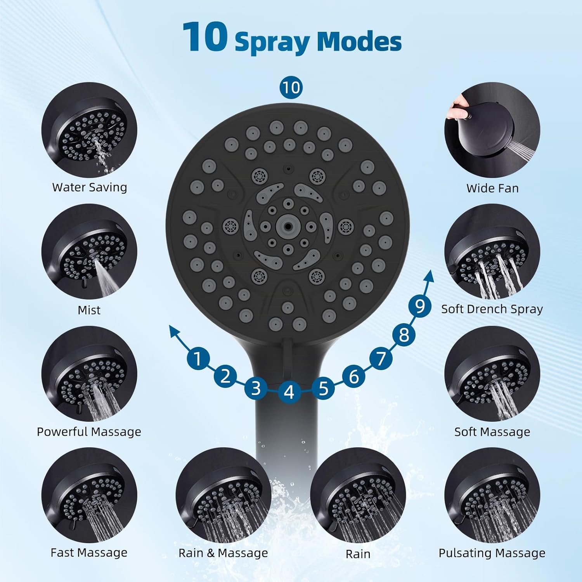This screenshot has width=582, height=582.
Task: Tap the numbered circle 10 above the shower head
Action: pyautogui.click(x=291, y=88)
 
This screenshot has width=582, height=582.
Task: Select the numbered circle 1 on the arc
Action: pyautogui.click(x=198, y=359)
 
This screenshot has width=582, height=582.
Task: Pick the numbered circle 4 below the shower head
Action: pyautogui.click(x=289, y=392)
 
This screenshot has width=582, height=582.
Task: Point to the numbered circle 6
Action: pyautogui.click(x=353, y=376)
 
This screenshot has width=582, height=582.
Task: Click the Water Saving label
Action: pyautogui.click(x=90, y=187)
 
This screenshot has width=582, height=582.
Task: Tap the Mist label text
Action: pyautogui.click(x=89, y=310)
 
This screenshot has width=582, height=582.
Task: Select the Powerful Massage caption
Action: pyautogui.click(x=89, y=432)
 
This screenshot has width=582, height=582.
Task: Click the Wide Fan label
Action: pyautogui.click(x=492, y=188)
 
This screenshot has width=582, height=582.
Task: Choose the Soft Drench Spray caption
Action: pyautogui.click(x=492, y=309)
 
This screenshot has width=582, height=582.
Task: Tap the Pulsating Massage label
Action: pyautogui.click(x=492, y=553)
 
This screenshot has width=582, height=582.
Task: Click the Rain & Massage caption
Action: pyautogui.click(x=223, y=553)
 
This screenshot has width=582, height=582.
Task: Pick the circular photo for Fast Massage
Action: pyautogui.click(x=89, y=495)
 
